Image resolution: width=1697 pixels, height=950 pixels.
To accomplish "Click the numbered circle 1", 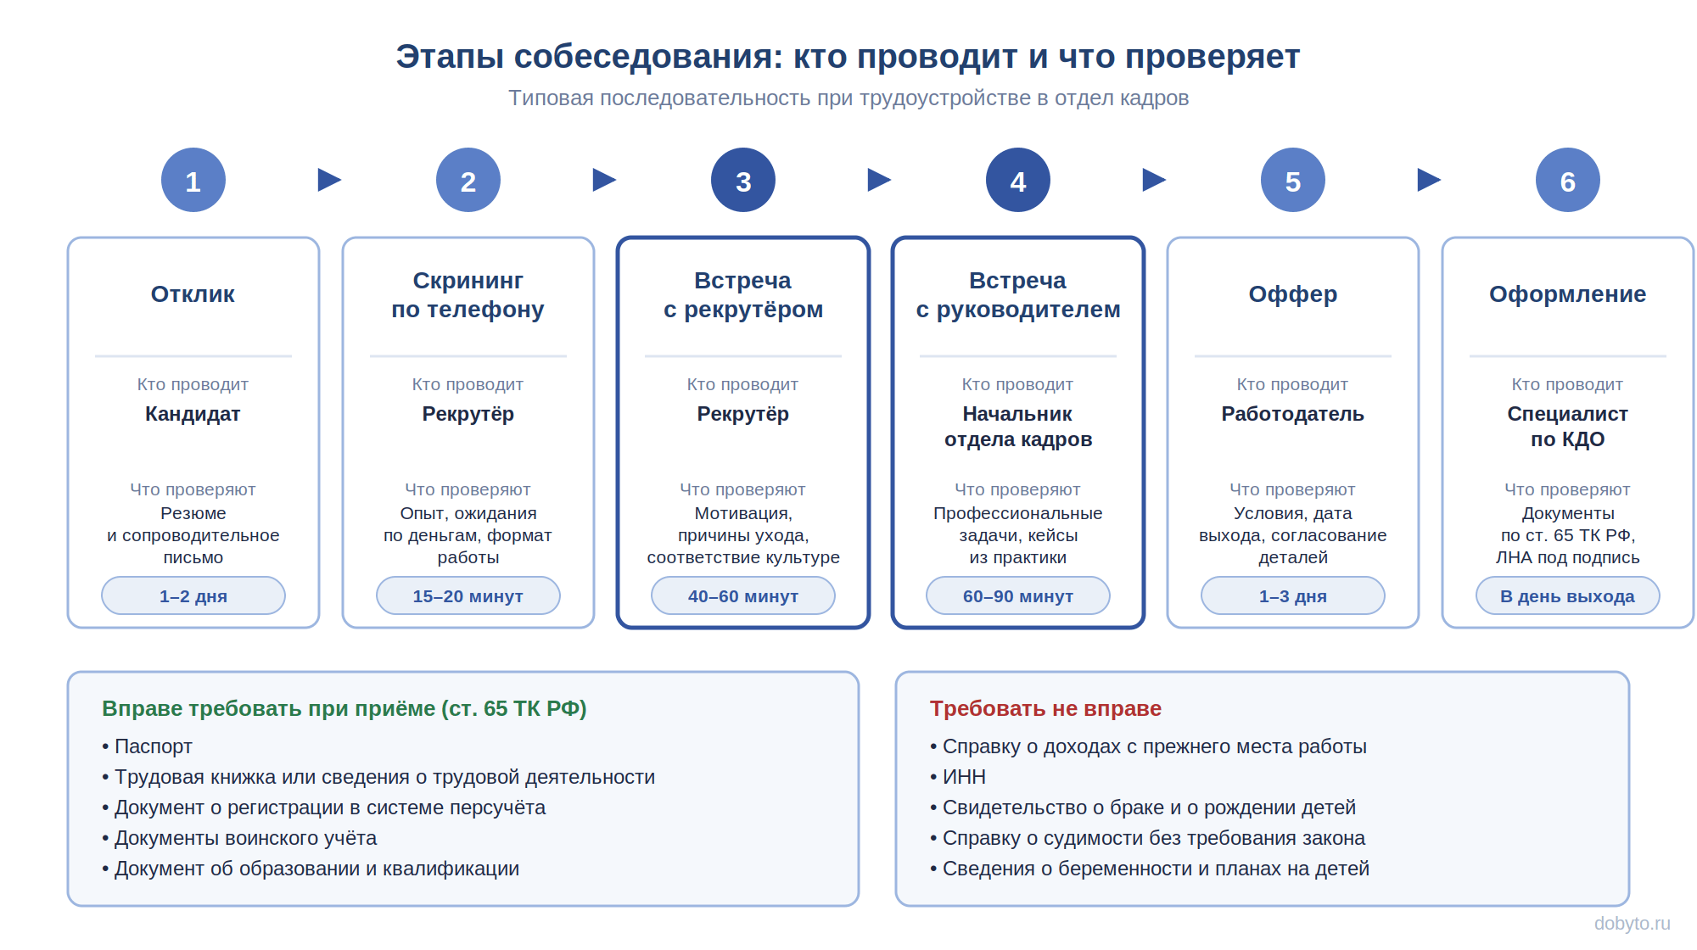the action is pyautogui.click(x=193, y=180).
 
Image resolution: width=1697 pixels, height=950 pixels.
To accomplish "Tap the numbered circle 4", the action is pyautogui.click(x=1018, y=180).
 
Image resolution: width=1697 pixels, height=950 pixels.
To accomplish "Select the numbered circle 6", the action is pyautogui.click(x=1568, y=180).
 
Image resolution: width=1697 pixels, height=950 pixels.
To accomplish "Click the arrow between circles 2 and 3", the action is pyautogui.click(x=604, y=180).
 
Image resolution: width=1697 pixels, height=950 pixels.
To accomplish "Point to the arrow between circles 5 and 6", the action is pyautogui.click(x=1429, y=180).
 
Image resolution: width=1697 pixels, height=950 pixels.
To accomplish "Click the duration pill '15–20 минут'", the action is pyautogui.click(x=468, y=595).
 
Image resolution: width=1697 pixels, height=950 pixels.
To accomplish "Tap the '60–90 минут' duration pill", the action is pyautogui.click(x=1018, y=595).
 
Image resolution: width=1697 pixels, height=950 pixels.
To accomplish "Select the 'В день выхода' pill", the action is pyautogui.click(x=1568, y=595).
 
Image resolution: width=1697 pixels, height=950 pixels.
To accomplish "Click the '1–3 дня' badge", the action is pyautogui.click(x=1293, y=595).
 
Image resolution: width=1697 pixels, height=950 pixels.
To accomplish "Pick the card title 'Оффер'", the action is pyautogui.click(x=1293, y=294).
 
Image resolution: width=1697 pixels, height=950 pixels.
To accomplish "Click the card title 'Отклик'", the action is pyautogui.click(x=193, y=294).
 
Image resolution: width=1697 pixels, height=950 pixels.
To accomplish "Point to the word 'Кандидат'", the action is pyautogui.click(x=193, y=414).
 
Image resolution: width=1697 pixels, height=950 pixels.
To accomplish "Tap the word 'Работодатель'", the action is pyautogui.click(x=1293, y=414).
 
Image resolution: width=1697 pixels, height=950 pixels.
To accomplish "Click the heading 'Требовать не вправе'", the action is pyautogui.click(x=1045, y=708).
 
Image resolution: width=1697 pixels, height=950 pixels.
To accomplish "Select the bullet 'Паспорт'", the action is pyautogui.click(x=148, y=746).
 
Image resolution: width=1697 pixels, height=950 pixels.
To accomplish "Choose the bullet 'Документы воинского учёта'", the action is pyautogui.click(x=239, y=838).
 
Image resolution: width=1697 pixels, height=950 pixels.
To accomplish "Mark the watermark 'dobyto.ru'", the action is pyautogui.click(x=1632, y=924).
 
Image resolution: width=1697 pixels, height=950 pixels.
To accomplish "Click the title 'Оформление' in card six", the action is pyautogui.click(x=1568, y=294).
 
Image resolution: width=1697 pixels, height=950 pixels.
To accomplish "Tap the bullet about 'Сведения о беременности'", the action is pyautogui.click(x=1150, y=869).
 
